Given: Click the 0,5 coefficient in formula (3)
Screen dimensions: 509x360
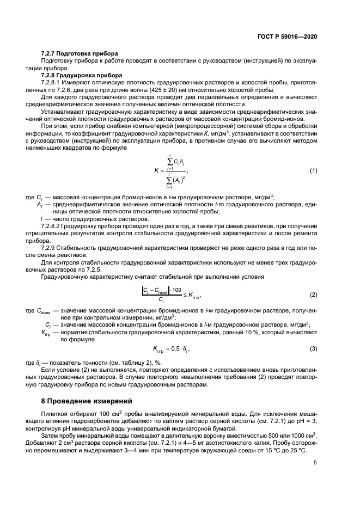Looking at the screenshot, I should pyautogui.click(x=175, y=348).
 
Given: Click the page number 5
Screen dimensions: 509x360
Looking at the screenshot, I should pyautogui.click(x=315, y=463).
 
